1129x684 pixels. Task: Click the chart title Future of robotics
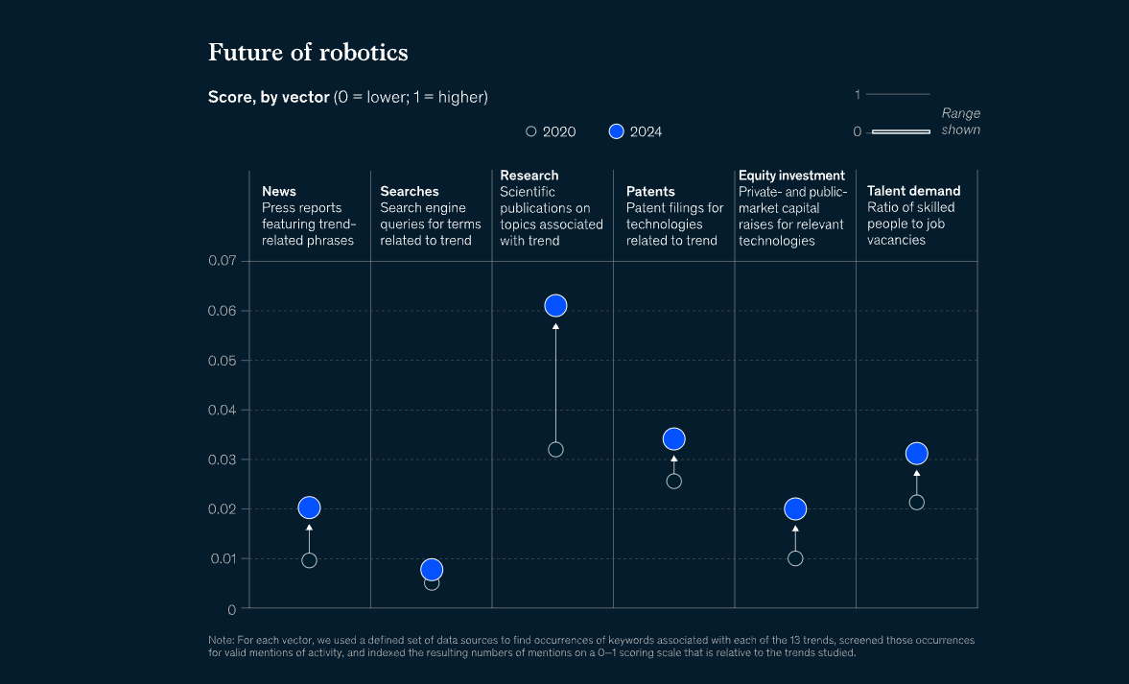tap(308, 52)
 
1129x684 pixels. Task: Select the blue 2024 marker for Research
tap(555, 306)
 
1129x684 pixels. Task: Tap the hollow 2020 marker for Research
tap(555, 449)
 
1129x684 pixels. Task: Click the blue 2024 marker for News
tap(309, 507)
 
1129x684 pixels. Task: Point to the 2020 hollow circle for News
tap(309, 560)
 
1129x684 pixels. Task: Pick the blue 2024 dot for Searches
tap(432, 570)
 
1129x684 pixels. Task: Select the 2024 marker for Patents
tap(673, 438)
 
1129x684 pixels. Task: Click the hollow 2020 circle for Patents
tap(673, 482)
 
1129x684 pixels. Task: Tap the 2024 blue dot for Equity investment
tap(795, 508)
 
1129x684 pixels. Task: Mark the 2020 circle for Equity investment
tap(795, 558)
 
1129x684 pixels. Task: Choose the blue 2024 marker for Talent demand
tap(916, 453)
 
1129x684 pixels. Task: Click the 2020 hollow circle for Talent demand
tap(916, 502)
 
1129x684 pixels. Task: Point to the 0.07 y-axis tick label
tap(222, 261)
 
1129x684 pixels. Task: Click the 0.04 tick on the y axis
tap(222, 410)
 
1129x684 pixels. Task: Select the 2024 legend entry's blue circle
tap(617, 131)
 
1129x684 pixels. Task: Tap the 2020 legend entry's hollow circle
tap(531, 131)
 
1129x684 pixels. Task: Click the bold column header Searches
tap(410, 192)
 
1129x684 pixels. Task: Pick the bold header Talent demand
tap(913, 191)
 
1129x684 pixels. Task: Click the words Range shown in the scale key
tap(960, 122)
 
